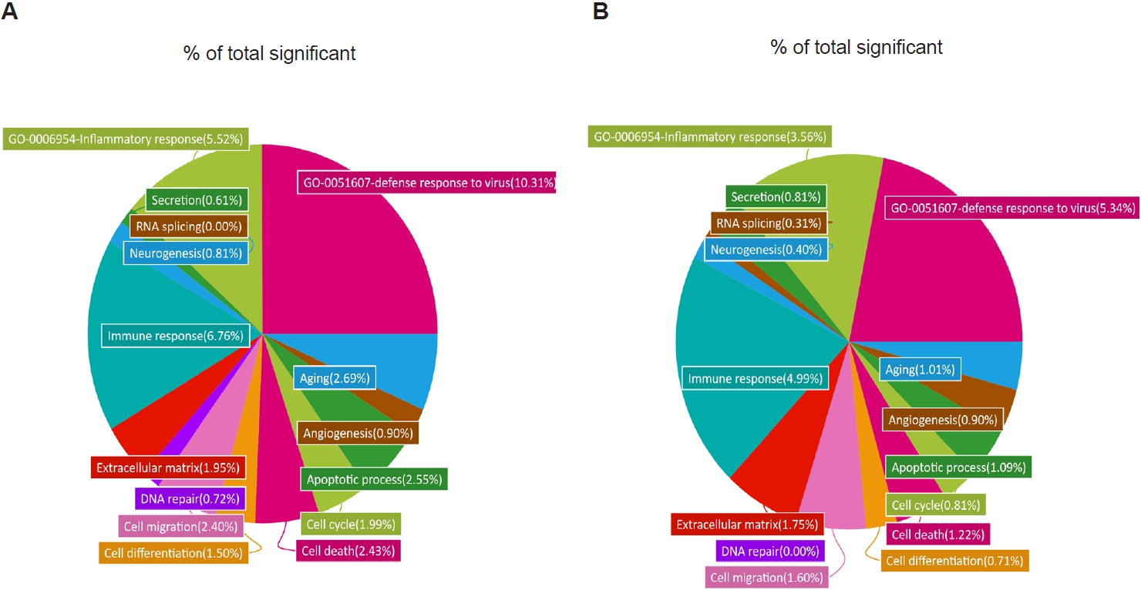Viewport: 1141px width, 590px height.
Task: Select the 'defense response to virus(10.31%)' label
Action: click(x=425, y=183)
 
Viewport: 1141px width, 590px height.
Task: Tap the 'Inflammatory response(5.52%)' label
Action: click(x=126, y=139)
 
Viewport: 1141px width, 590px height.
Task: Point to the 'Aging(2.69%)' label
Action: click(x=335, y=378)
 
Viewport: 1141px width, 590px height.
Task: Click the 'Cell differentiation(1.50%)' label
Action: click(x=173, y=552)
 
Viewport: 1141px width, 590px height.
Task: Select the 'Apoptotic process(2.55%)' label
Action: click(x=374, y=479)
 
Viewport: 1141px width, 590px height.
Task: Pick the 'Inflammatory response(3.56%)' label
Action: click(x=708, y=137)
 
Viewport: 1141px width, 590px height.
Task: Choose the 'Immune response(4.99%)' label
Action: click(x=754, y=378)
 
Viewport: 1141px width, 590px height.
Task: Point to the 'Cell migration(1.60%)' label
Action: click(x=766, y=577)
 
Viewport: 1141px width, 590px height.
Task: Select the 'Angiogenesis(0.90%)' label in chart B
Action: click(x=943, y=420)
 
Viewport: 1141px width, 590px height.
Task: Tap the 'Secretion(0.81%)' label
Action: click(x=776, y=196)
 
